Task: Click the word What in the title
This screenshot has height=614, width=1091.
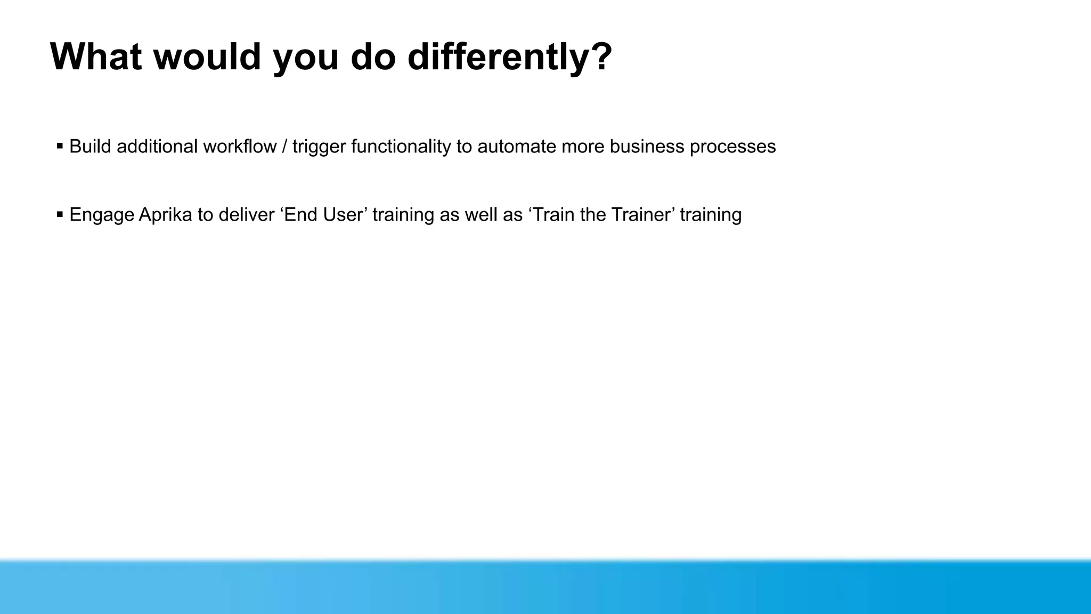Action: tap(96, 56)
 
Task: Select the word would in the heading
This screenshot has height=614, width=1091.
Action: tap(207, 56)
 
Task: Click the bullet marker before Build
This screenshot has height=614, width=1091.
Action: tap(60, 146)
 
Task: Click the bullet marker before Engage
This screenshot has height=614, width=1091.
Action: tap(60, 214)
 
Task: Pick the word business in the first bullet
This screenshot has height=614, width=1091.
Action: tap(647, 146)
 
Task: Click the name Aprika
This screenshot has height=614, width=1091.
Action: tap(165, 214)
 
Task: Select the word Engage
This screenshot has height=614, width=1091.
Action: tap(102, 215)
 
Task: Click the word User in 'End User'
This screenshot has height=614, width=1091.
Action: tap(345, 214)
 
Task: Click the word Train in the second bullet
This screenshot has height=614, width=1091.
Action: tap(553, 214)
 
